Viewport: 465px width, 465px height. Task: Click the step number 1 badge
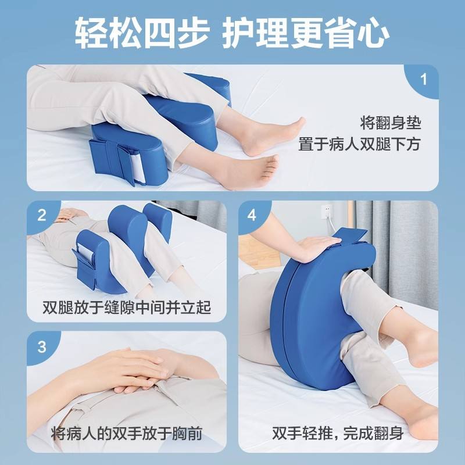[x=423, y=80]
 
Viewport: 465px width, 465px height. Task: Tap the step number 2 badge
[x=42, y=215]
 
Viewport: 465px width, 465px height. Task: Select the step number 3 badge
[x=42, y=346]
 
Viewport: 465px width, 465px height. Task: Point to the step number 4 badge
[x=252, y=215]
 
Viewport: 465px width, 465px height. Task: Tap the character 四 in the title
[x=159, y=33]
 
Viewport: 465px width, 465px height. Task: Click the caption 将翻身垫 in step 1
[x=391, y=123]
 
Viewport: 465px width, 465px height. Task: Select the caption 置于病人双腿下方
[x=359, y=145]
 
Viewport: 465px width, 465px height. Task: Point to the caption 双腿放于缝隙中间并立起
[x=127, y=307]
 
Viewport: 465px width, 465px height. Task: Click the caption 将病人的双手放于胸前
[x=127, y=434]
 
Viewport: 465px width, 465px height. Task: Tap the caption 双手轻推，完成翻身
[x=338, y=434]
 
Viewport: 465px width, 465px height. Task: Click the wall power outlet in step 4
[x=327, y=212]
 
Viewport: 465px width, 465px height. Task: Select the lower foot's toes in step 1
[x=269, y=169]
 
